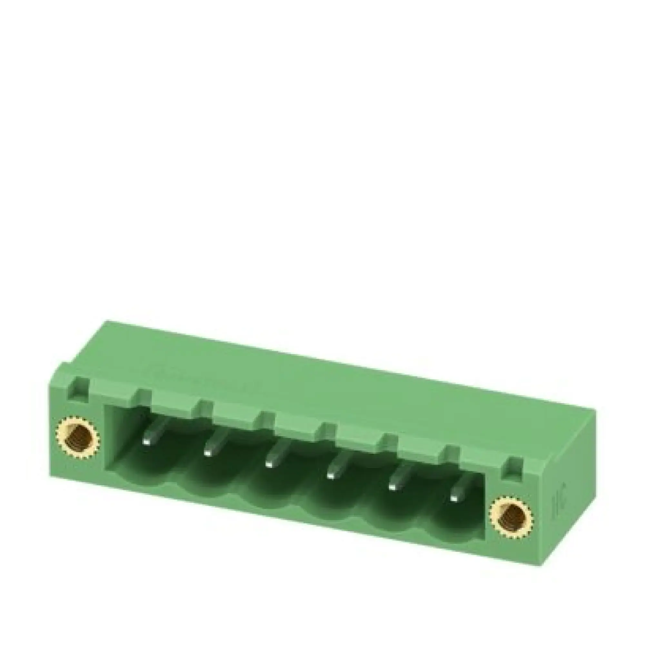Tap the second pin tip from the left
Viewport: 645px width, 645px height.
[208, 453]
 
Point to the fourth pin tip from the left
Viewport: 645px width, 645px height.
[331, 475]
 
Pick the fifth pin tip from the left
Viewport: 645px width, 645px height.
[392, 487]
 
